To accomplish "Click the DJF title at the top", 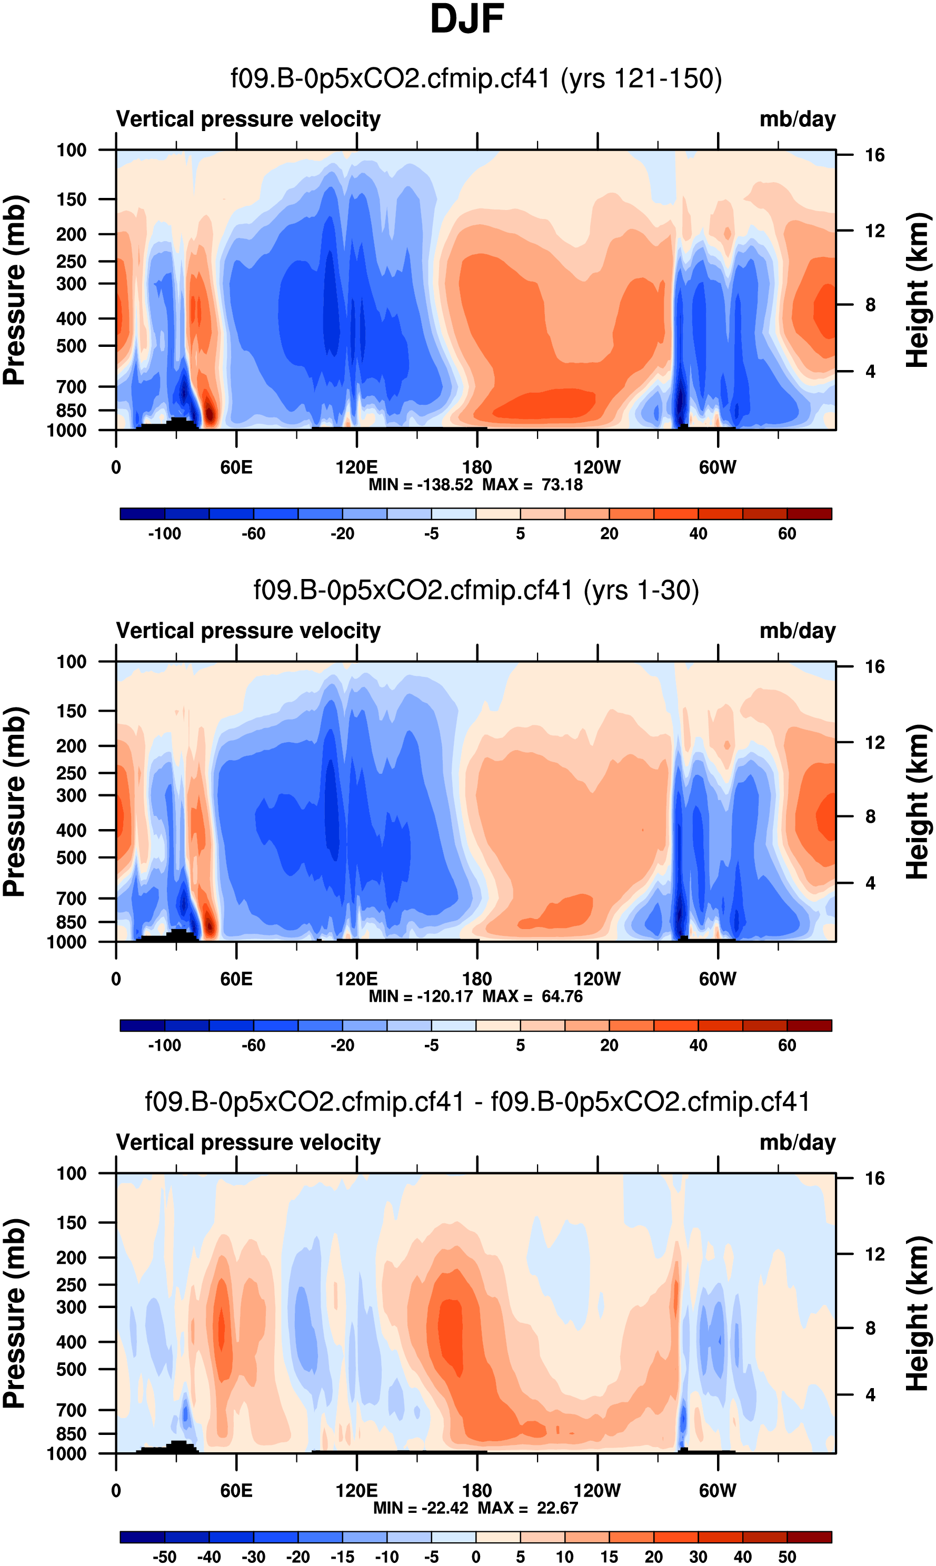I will click(x=467, y=19).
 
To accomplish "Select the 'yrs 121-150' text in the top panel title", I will click(x=641, y=79).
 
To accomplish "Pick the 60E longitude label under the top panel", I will click(x=236, y=468).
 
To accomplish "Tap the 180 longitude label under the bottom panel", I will click(x=477, y=1491).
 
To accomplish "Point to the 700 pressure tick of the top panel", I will click(x=71, y=386).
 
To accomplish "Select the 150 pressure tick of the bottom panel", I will click(x=71, y=1223).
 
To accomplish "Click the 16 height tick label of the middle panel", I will click(x=874, y=666).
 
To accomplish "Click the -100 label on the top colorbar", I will click(x=165, y=534).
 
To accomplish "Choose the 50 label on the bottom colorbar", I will click(x=786, y=1557).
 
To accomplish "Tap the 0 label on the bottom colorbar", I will click(x=476, y=1557).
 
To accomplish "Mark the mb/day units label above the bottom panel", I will click(x=797, y=1143).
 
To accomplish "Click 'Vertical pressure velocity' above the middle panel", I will click(x=248, y=631).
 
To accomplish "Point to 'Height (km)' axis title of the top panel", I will click(x=918, y=290).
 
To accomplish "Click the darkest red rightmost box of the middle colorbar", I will click(x=809, y=1025).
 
